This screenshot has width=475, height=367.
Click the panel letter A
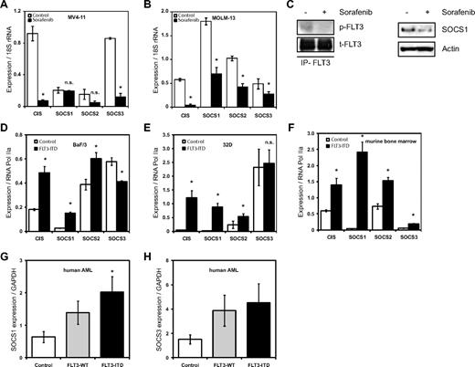pyautogui.click(x=5, y=6)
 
